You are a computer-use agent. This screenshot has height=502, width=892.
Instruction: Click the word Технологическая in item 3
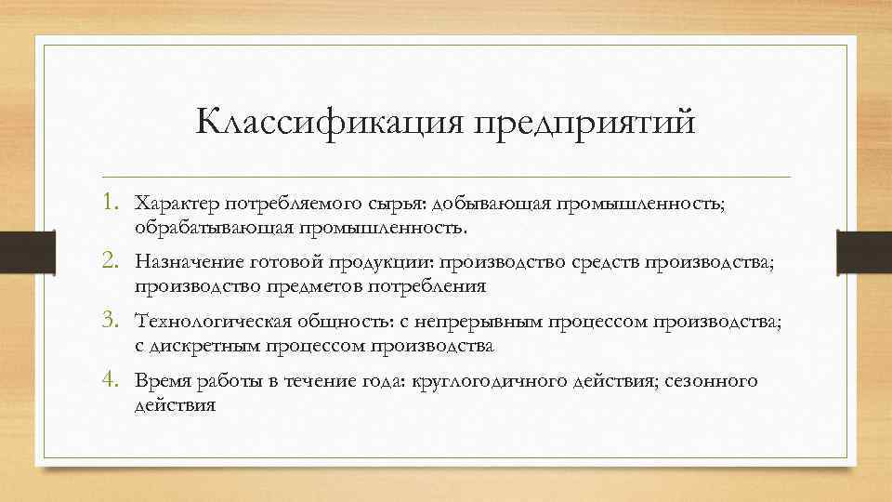[214, 322]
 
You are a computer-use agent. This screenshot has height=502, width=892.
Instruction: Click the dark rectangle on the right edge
[865, 250]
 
